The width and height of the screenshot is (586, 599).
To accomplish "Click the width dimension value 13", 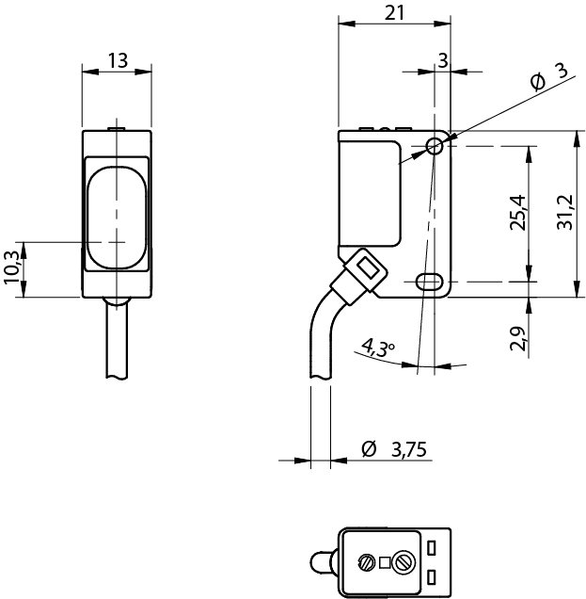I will [x=118, y=60].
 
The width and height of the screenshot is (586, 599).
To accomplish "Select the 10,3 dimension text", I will [x=12, y=268].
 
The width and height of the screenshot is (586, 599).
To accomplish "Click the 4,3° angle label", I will [x=378, y=348].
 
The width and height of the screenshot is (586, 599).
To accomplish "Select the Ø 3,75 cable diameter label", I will [x=394, y=449].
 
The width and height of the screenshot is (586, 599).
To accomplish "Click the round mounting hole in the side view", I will [x=435, y=146].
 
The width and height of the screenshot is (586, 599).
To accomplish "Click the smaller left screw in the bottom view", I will [x=366, y=563].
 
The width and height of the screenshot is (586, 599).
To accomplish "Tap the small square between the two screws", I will [x=386, y=563].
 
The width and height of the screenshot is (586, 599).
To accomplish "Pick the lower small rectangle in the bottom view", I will [x=433, y=575].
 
